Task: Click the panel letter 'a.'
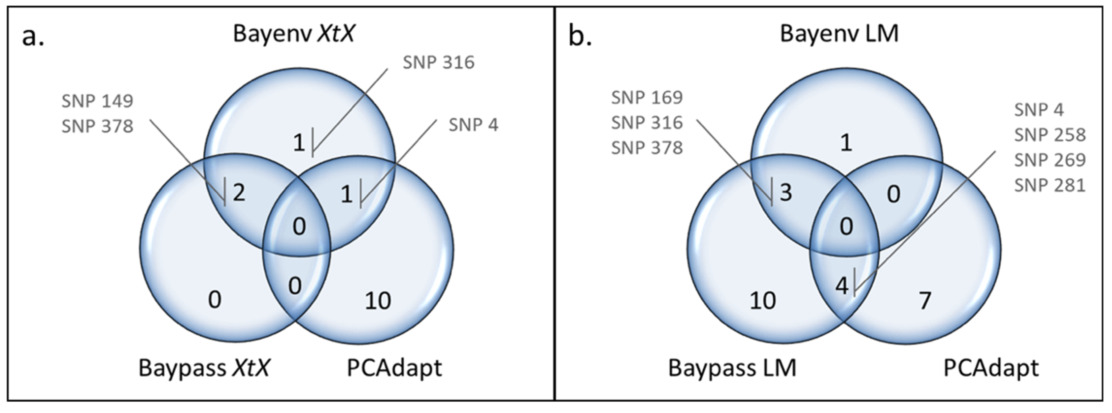33,36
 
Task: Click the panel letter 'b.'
580,36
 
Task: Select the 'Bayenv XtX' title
294,33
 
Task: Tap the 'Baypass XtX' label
204,368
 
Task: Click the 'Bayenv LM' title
839,33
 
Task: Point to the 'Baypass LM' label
732,368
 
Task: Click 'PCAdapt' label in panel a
394,368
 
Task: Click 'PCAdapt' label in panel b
991,368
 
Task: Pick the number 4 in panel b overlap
842,286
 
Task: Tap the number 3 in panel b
786,192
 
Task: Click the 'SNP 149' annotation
97,101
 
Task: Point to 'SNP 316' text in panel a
439,63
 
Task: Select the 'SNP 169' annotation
647,98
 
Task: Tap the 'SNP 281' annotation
1049,186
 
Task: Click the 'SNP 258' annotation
1049,135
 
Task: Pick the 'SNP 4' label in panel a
473,125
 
